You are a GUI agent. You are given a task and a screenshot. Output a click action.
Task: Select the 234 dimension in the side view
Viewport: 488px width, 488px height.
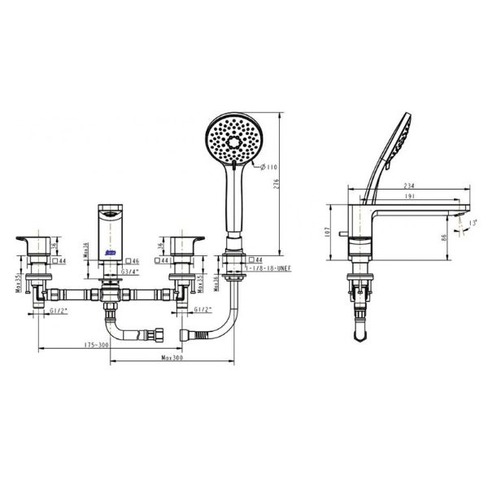pyautogui.click(x=404, y=186)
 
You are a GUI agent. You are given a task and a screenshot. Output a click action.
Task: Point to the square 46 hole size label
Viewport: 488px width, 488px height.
pyautogui.click(x=133, y=261)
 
